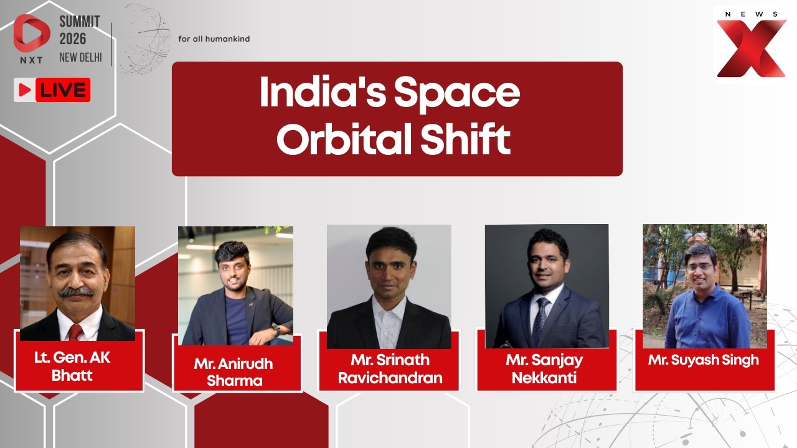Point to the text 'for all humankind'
(214, 39)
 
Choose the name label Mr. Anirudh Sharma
(233, 372)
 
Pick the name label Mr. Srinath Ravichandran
(390, 368)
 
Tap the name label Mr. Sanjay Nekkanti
(544, 368)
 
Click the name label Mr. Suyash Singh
(703, 360)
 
